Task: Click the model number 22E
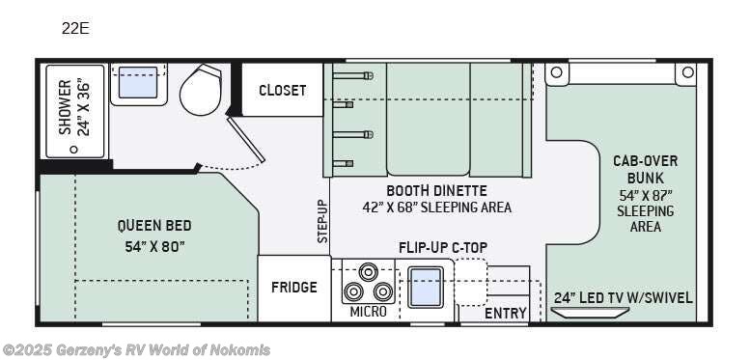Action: click(x=75, y=28)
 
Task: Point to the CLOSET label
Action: click(x=282, y=91)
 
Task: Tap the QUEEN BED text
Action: click(x=154, y=226)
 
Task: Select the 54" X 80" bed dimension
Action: click(x=154, y=246)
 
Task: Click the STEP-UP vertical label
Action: click(x=323, y=221)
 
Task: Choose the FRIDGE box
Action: click(x=293, y=288)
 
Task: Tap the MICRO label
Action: click(x=368, y=312)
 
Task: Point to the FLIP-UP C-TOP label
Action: click(x=443, y=247)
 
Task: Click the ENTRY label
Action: click(x=506, y=313)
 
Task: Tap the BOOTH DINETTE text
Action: click(x=436, y=190)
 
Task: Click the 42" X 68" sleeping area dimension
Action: click(x=436, y=208)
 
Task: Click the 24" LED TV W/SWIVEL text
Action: click(x=624, y=297)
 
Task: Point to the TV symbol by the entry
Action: click(x=590, y=313)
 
